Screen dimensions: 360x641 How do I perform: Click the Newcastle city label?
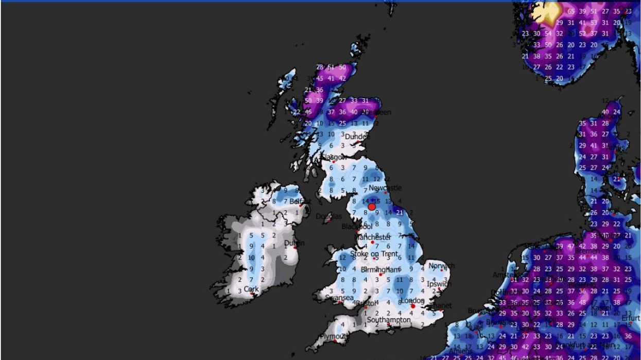[x=385, y=188]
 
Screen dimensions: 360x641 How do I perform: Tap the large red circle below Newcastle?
[x=372, y=207]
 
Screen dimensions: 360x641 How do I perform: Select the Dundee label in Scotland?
[x=357, y=136]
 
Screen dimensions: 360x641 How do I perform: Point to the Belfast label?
[x=300, y=201]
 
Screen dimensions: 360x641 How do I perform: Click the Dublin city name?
[x=294, y=243]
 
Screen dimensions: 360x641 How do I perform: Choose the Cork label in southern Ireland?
[x=251, y=289]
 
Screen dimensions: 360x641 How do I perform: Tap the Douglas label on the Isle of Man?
[x=328, y=216]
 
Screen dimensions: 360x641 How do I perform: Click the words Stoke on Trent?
[x=374, y=254]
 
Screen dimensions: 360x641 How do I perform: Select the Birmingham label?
[x=380, y=270]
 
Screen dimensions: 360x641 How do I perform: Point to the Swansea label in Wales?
[x=339, y=298]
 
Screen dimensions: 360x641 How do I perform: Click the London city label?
[x=412, y=301]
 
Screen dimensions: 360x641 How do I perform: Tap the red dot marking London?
[x=413, y=306]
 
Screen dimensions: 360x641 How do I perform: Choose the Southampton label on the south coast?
[x=389, y=320]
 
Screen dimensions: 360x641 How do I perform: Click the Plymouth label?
[x=334, y=336]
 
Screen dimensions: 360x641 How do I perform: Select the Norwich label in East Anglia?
[x=441, y=266]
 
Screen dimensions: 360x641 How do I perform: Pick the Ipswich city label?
[x=439, y=284]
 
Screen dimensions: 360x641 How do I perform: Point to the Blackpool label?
[x=357, y=227]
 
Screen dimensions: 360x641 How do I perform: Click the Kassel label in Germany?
[x=601, y=308]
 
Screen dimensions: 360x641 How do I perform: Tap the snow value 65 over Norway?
[x=571, y=11]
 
